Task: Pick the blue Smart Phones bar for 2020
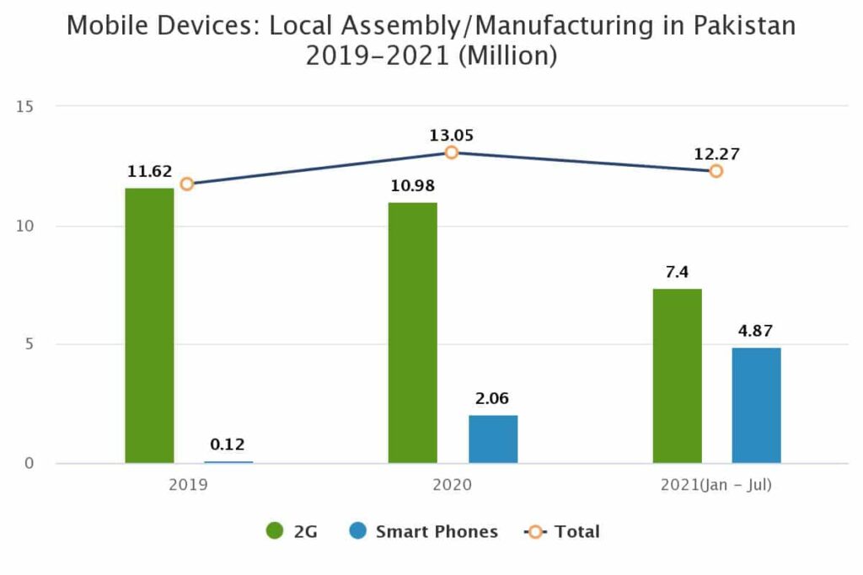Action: [493, 439]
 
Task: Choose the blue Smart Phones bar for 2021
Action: [756, 405]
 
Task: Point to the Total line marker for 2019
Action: [187, 184]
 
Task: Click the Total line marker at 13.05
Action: [452, 152]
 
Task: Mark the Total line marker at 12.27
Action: [716, 171]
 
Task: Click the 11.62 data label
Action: [148, 172]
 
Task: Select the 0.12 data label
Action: [228, 445]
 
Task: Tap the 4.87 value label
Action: [756, 330]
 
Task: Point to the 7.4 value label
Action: [677, 272]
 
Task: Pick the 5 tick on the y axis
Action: [28, 344]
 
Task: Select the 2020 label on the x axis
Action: [452, 486]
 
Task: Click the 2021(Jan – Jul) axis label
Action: [716, 486]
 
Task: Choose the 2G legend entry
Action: [292, 531]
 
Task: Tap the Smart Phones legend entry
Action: [423, 531]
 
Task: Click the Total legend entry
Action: [563, 531]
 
